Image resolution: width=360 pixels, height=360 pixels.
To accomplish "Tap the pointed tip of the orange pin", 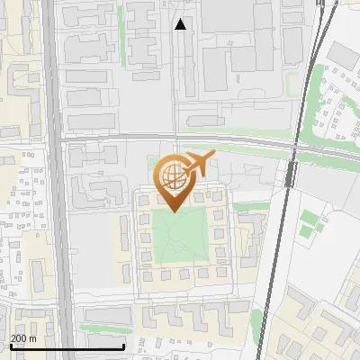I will pyautogui.click(x=171, y=211).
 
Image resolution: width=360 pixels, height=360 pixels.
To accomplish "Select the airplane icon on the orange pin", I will pyautogui.click(x=197, y=165).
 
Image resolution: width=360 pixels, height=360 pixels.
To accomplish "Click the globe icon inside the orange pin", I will pyautogui.click(x=171, y=176).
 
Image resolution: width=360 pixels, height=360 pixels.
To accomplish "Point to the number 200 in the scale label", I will pyautogui.click(x=19, y=338).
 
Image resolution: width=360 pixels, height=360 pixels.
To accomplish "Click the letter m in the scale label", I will pyautogui.click(x=32, y=338).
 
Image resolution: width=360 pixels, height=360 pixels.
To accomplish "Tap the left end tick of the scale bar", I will pyautogui.click(x=10, y=346).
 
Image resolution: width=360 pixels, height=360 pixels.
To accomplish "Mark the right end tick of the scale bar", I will pyautogui.click(x=123, y=346).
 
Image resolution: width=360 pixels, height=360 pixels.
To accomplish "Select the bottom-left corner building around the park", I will pyautogui.click(x=146, y=274).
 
